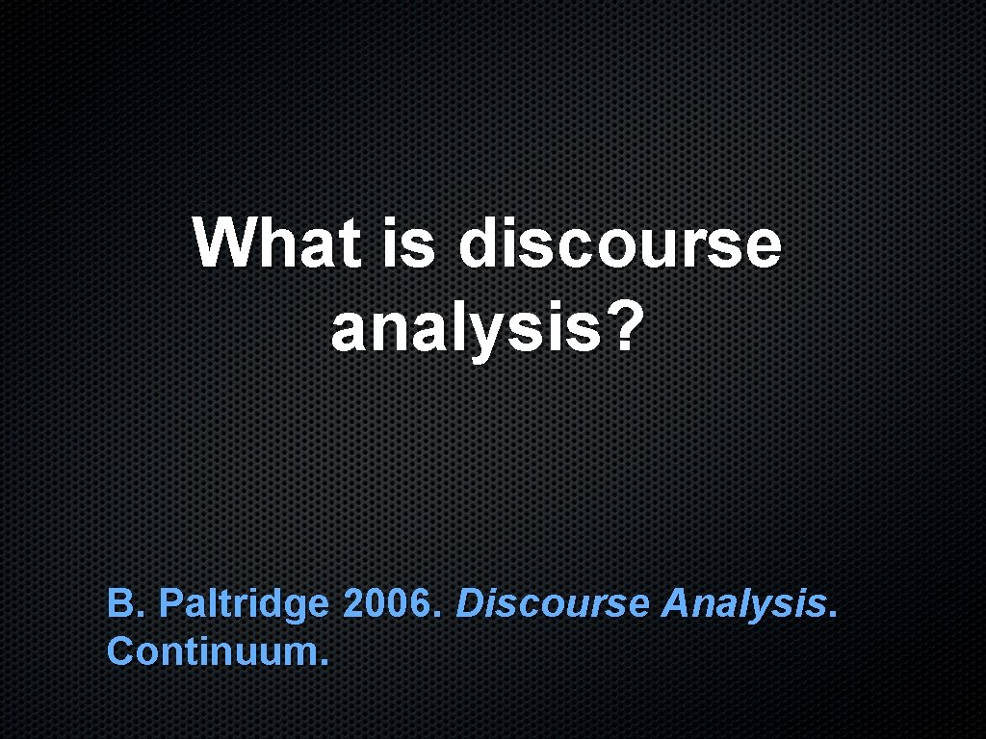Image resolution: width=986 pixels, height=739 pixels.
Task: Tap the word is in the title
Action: [x=404, y=243]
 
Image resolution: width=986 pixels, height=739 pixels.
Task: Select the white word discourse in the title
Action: [x=619, y=243]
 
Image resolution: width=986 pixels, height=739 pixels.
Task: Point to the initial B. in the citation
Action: [x=125, y=604]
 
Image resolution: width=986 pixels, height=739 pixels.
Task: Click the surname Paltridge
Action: [x=244, y=605]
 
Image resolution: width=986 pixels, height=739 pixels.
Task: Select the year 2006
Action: [x=390, y=604]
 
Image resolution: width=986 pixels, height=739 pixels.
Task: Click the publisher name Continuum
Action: [x=218, y=650]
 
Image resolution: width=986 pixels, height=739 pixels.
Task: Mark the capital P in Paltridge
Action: [x=169, y=604]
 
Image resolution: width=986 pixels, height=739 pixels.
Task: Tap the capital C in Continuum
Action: [x=119, y=650]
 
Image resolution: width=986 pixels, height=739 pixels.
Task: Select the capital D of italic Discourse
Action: [x=469, y=604]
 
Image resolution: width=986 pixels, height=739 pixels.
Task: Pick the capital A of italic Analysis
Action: [x=676, y=604]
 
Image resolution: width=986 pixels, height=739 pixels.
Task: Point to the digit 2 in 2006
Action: [x=353, y=604]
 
